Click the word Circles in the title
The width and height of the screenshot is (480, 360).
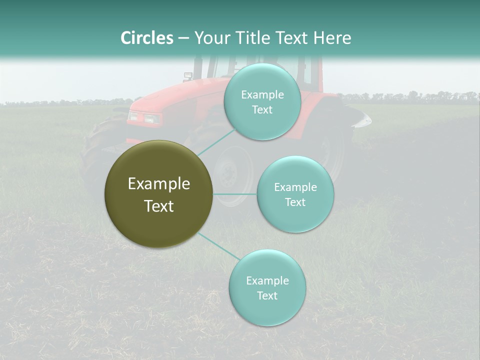[x=147, y=38]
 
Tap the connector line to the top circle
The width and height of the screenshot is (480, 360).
[x=216, y=142]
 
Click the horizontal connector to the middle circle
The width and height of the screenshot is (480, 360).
[x=235, y=194]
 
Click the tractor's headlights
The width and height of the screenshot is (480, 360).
[x=144, y=118]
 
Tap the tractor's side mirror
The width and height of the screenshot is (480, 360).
[x=188, y=76]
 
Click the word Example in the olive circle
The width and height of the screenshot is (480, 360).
[x=159, y=184]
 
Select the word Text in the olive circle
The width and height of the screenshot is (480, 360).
[x=159, y=206]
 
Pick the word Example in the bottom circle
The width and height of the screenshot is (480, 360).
[x=267, y=280]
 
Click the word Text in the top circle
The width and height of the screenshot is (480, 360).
[x=262, y=110]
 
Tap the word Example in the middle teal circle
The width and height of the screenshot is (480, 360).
[x=295, y=187]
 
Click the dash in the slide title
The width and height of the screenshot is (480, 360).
[x=183, y=38]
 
